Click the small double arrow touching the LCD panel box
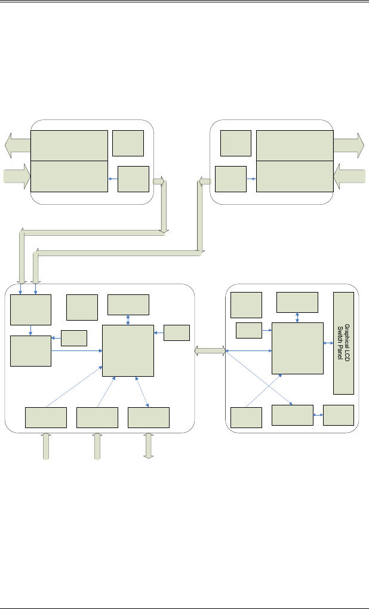pyautogui.click(x=328, y=343)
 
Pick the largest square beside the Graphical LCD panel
pyautogui.click(x=297, y=347)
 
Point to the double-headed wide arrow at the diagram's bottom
pyautogui.click(x=149, y=446)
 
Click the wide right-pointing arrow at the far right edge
pyautogui.click(x=349, y=145)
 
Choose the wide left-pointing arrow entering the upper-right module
pyautogui.click(x=350, y=176)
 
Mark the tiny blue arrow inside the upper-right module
pyautogui.click(x=251, y=179)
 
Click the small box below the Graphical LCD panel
pyautogui.click(x=338, y=415)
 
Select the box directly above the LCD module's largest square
pyautogui.click(x=297, y=302)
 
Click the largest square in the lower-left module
pyautogui.click(x=128, y=350)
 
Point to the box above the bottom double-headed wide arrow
pyautogui.click(x=149, y=417)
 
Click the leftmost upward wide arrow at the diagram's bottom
pyautogui.click(x=45, y=447)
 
